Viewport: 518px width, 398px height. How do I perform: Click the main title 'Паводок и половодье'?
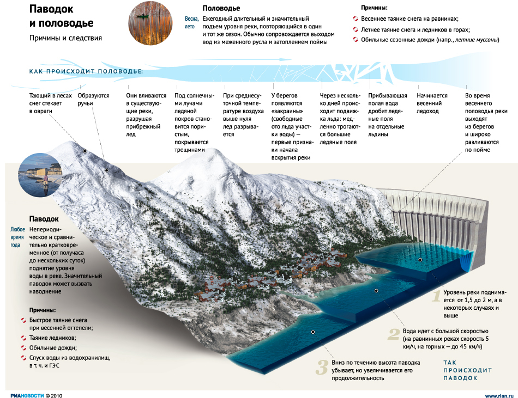pyautogui.click(x=61, y=16)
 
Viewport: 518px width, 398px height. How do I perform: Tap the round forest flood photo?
pyautogui.click(x=150, y=23)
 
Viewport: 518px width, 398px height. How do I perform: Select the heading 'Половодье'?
pyautogui.click(x=221, y=8)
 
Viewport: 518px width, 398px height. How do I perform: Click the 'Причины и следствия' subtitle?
pyautogui.click(x=65, y=38)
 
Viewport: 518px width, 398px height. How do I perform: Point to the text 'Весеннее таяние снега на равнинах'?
pyautogui.click(x=409, y=19)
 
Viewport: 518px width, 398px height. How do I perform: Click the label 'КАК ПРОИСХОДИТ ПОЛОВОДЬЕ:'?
pyautogui.click(x=86, y=71)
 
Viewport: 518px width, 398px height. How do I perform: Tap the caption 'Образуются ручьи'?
pyautogui.click(x=93, y=99)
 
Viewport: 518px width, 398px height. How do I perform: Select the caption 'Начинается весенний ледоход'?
pyautogui.click(x=432, y=103)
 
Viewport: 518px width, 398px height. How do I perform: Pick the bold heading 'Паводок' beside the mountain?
pyautogui.click(x=44, y=219)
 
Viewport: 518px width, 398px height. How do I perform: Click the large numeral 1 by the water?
pyautogui.click(x=437, y=296)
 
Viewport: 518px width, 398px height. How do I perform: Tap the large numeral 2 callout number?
pyautogui.click(x=394, y=334)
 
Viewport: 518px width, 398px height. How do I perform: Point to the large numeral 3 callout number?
pyautogui.click(x=322, y=368)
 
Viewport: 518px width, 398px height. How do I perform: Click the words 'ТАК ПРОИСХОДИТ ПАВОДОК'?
pyautogui.click(x=467, y=370)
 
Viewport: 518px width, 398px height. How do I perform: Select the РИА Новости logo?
pyautogui.click(x=27, y=396)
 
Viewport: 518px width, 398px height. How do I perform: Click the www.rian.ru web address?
pyautogui.click(x=499, y=396)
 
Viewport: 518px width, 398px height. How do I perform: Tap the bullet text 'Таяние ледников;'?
pyautogui.click(x=52, y=338)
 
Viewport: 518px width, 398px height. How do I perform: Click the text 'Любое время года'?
pyautogui.click(x=17, y=237)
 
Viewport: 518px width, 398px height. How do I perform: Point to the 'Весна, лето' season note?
pyautogui.click(x=191, y=23)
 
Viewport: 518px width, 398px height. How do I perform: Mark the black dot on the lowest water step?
pyautogui.click(x=313, y=332)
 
